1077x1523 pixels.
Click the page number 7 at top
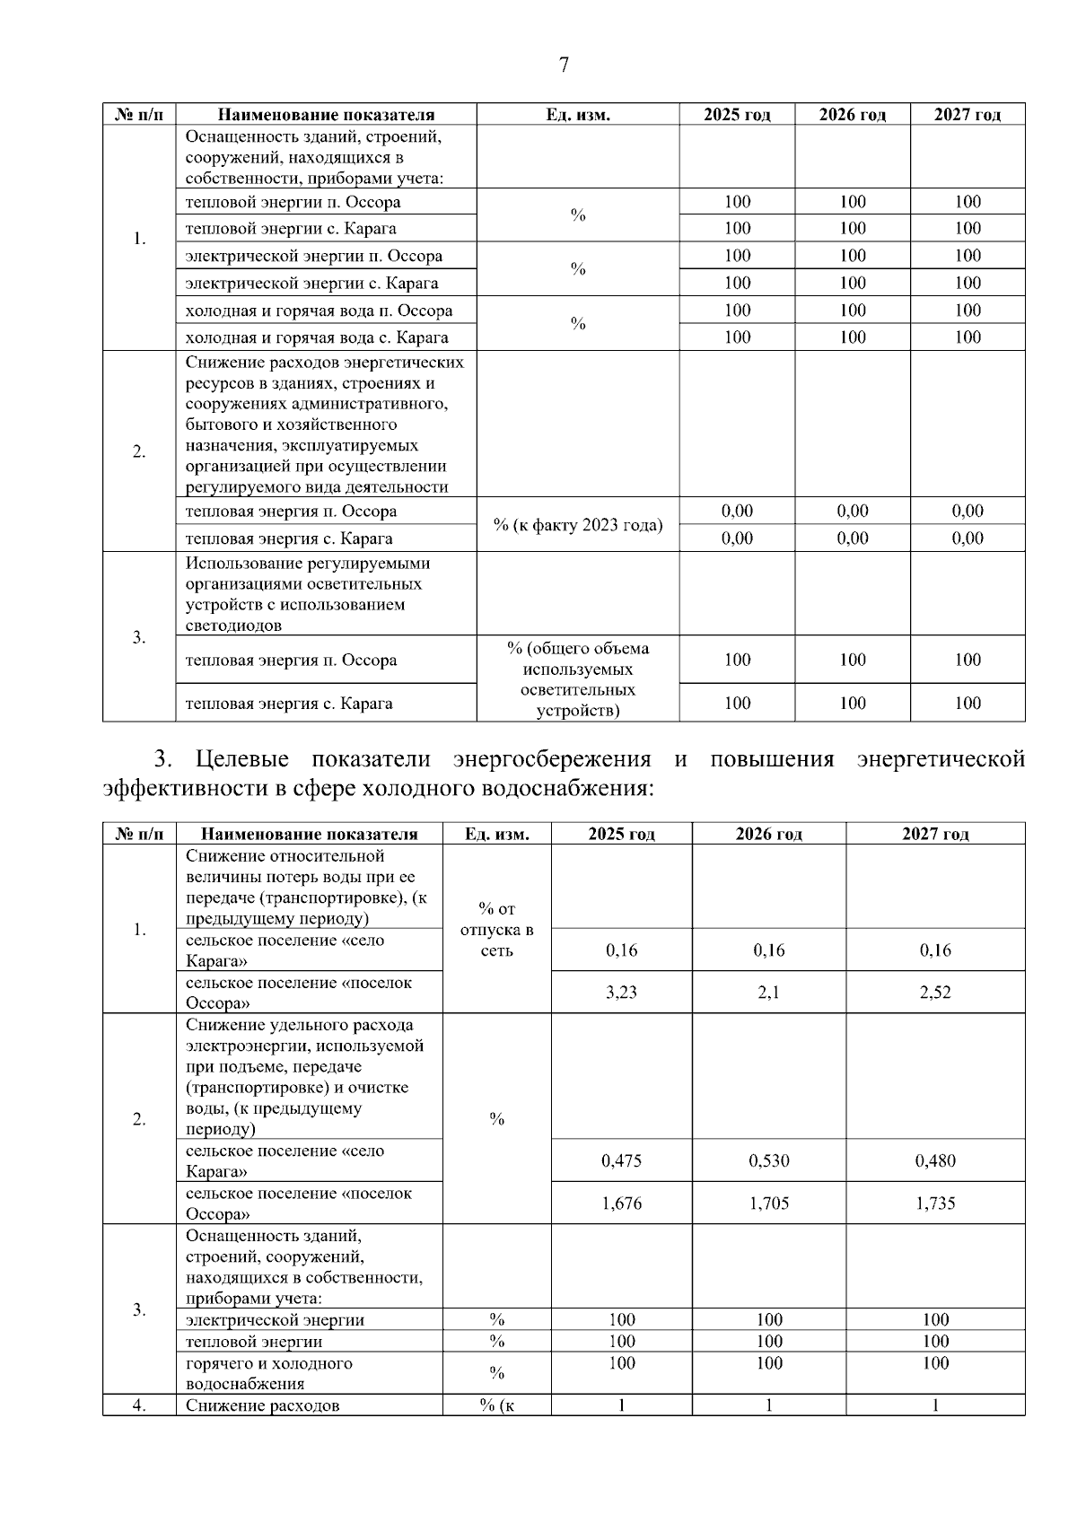(564, 65)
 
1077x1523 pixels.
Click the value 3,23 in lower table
(621, 993)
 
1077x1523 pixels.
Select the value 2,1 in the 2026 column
(768, 993)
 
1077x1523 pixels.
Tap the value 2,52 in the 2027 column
(935, 993)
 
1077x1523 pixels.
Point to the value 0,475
(621, 1160)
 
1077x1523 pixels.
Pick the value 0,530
(768, 1160)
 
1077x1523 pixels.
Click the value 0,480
(935, 1160)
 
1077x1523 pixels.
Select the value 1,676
(621, 1204)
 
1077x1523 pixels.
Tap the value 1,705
(768, 1204)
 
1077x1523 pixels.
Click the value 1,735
(935, 1204)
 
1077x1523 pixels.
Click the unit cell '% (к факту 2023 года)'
(577, 525)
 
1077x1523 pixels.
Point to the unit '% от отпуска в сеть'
(497, 930)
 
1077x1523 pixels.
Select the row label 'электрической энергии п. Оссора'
(313, 256)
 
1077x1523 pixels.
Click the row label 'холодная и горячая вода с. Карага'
(316, 337)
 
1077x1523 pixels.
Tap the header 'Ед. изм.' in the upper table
(577, 115)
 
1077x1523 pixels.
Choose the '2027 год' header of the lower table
(935, 834)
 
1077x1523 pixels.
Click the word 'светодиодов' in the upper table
(233, 626)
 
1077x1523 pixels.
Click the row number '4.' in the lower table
(139, 1405)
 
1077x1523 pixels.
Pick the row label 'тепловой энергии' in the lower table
(254, 1342)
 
